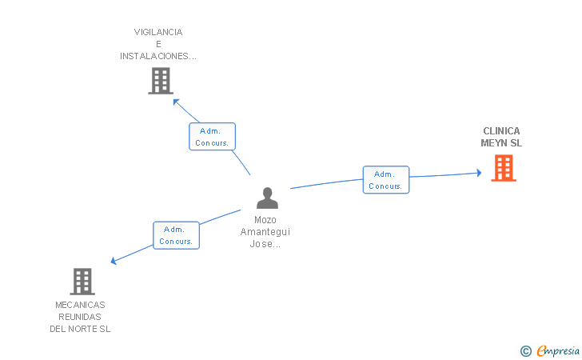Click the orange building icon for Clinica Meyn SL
(x=504, y=168)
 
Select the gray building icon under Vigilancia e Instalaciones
(x=161, y=81)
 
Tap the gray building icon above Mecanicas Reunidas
(x=82, y=282)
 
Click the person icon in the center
(x=267, y=198)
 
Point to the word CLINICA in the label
(x=501, y=131)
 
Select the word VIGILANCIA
(x=158, y=32)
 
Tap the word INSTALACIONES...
(x=154, y=56)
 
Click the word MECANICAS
(x=80, y=305)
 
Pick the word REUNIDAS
(x=80, y=317)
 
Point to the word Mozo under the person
(x=265, y=220)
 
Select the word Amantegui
(x=265, y=232)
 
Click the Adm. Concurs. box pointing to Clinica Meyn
(x=386, y=180)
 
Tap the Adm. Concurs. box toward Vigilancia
(x=212, y=136)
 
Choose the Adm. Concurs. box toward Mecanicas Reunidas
(x=177, y=235)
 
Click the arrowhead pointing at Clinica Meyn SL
(x=479, y=173)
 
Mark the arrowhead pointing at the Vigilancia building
(x=176, y=102)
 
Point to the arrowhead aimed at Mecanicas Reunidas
(x=114, y=261)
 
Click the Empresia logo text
(x=558, y=350)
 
